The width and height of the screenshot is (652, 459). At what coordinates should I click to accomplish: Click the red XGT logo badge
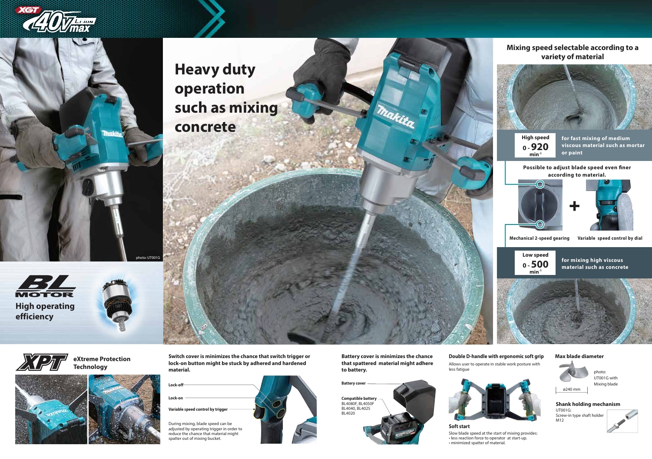point(28,10)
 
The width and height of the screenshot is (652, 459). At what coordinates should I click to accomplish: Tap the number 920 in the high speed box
point(539,147)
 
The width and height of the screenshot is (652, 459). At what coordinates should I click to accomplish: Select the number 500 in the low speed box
point(539,265)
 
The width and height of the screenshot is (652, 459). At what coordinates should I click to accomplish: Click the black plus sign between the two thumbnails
point(574,206)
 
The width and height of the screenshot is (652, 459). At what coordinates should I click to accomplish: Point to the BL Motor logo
point(46,286)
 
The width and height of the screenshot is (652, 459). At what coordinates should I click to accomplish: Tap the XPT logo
point(42,362)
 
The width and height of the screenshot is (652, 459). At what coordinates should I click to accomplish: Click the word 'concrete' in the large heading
point(205,127)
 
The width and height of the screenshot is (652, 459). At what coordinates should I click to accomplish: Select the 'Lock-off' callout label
point(176,385)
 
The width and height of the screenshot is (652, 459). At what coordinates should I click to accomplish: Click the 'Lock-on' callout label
point(175,398)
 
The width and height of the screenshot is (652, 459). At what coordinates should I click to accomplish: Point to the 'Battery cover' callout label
point(353,383)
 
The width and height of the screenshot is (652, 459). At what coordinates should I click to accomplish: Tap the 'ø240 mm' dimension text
point(571,389)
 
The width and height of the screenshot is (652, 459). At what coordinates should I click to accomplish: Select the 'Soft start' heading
point(459,426)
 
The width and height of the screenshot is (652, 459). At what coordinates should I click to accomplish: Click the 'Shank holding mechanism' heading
point(588,404)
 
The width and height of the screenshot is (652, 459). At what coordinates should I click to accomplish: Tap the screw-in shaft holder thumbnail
point(622,421)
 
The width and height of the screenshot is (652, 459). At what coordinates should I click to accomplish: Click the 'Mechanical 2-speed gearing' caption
point(539,238)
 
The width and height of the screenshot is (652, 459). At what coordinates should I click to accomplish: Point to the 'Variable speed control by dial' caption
point(610,238)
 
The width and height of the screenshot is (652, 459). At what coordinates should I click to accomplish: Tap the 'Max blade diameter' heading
point(579,356)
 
